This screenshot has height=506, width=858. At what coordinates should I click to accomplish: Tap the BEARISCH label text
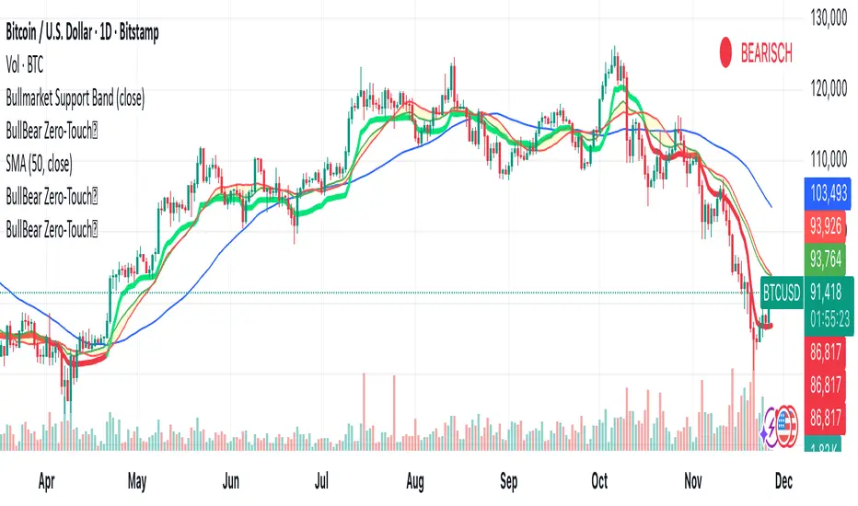(x=766, y=54)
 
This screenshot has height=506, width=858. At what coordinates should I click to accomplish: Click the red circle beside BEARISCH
(x=727, y=53)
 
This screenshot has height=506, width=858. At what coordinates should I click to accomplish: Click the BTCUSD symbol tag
(x=784, y=293)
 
